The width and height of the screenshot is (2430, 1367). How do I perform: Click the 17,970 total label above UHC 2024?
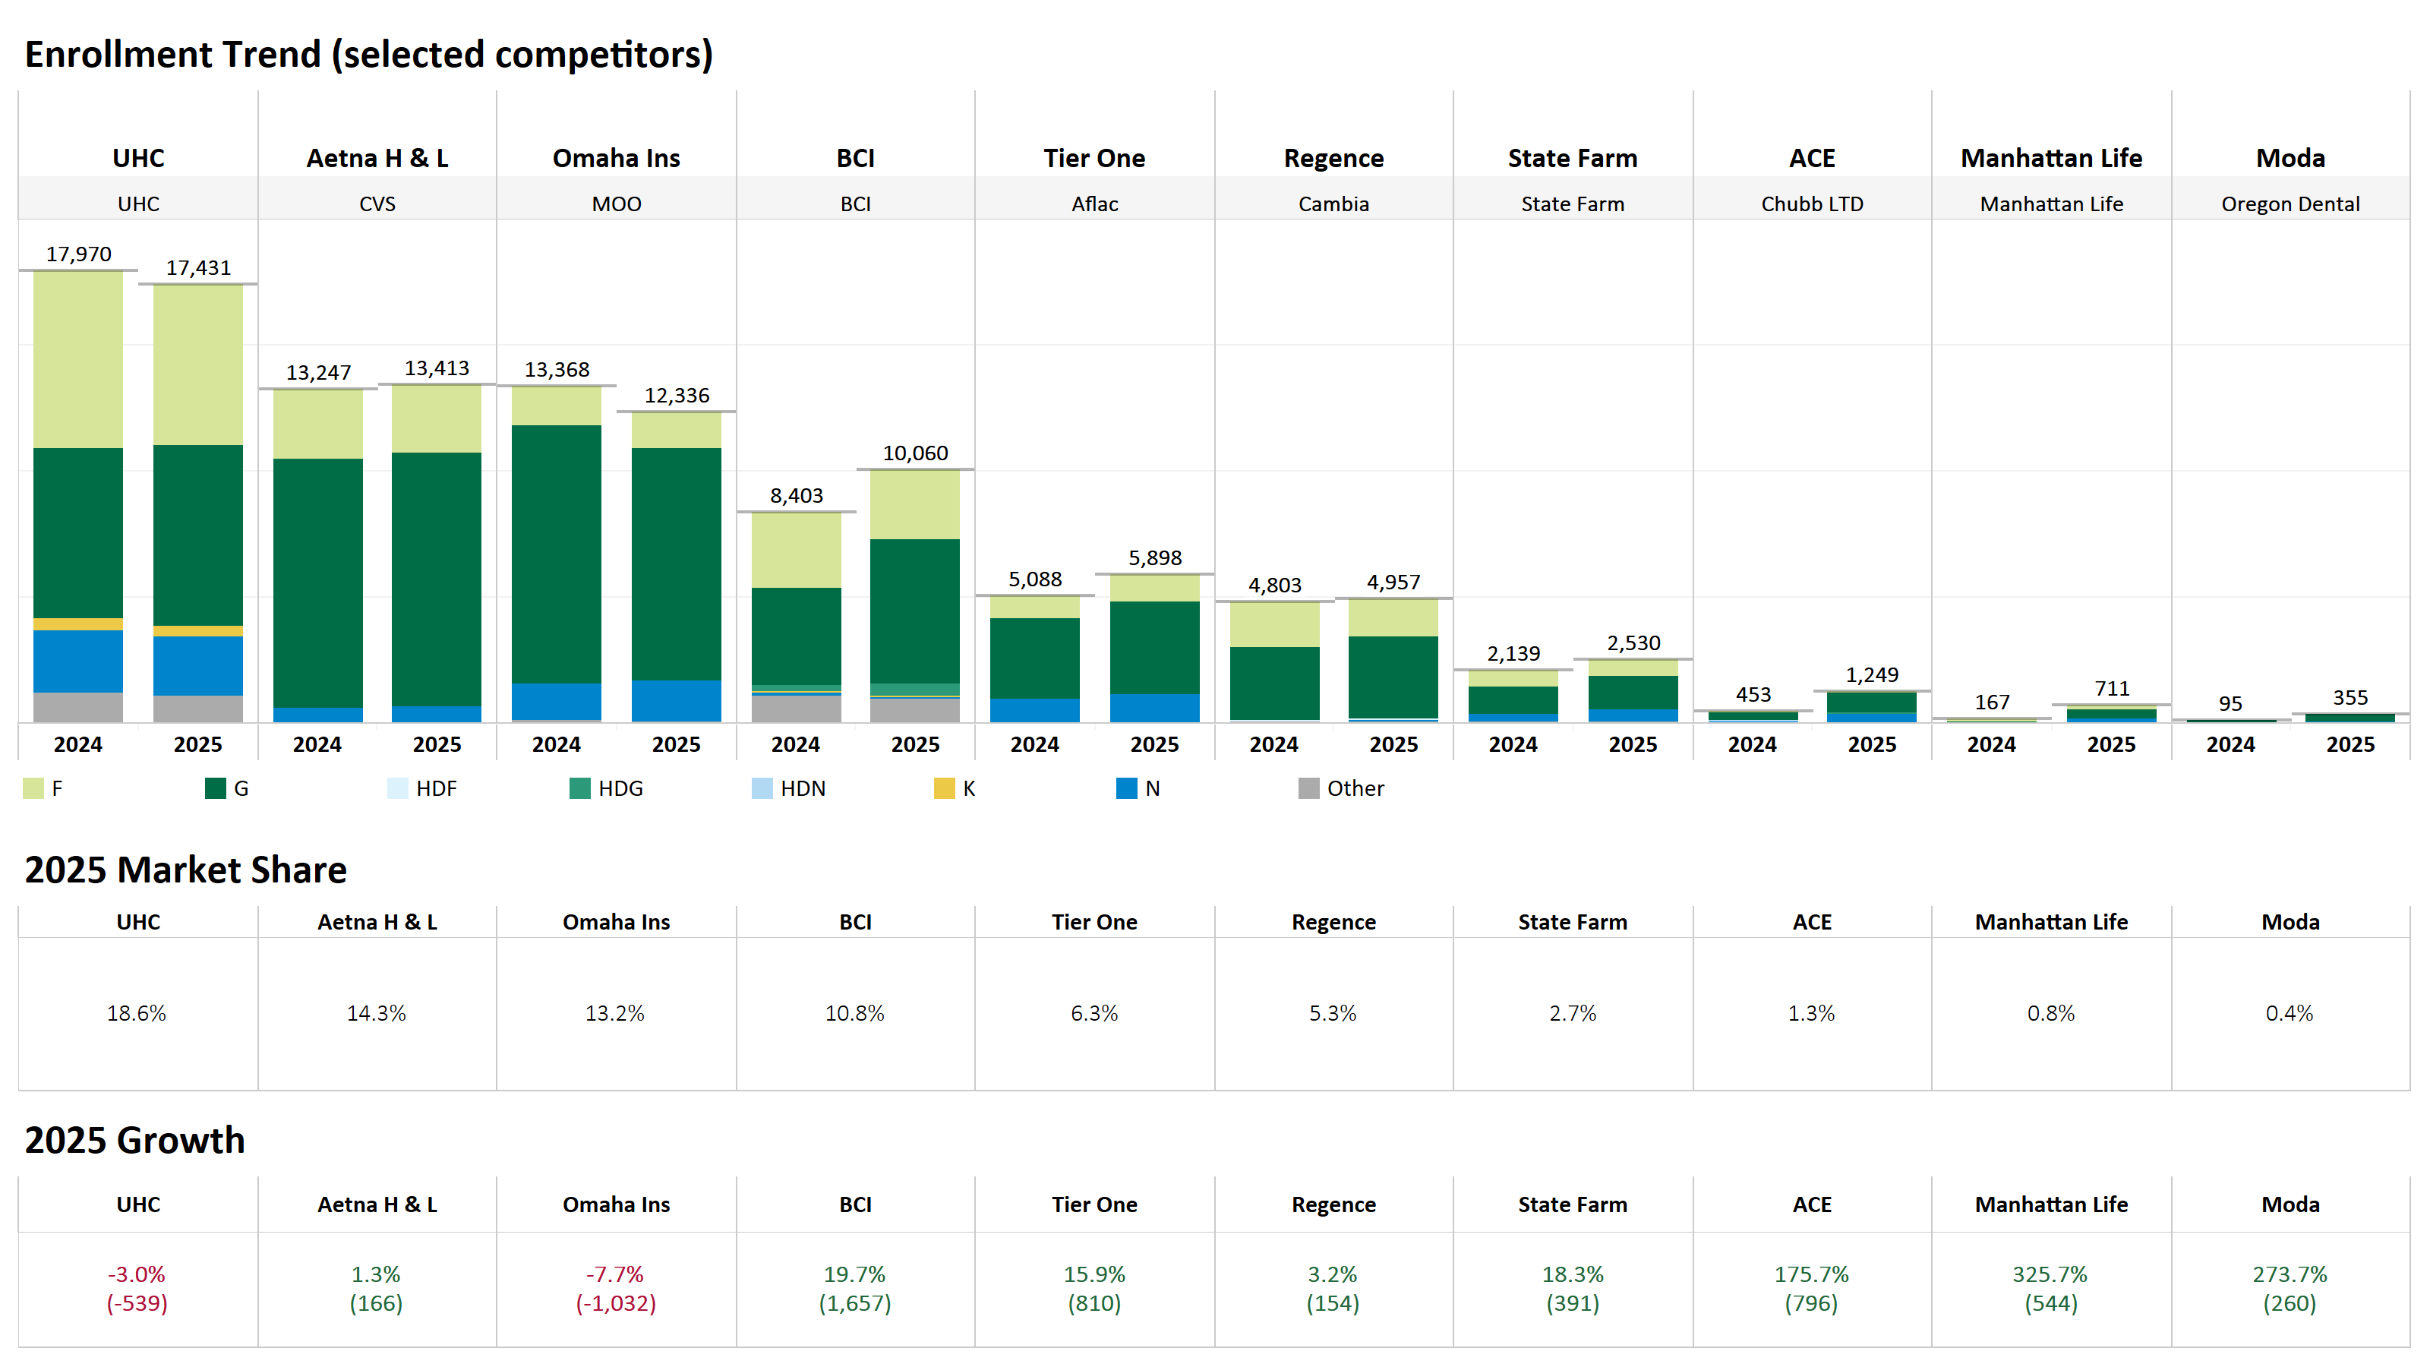coord(78,254)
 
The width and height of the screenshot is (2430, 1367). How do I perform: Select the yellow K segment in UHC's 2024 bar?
coord(78,624)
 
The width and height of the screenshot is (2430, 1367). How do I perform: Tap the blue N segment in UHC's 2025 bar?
coord(198,666)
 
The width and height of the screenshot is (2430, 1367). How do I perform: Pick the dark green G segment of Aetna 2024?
coord(318,583)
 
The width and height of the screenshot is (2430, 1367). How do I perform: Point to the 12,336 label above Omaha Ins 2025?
coord(677,395)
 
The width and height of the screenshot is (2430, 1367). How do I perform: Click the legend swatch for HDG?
coord(580,788)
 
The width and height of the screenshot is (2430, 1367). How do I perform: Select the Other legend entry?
coord(1341,788)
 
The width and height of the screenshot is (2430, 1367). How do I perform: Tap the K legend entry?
coord(955,788)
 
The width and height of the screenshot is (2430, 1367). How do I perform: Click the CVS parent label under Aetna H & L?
coord(377,204)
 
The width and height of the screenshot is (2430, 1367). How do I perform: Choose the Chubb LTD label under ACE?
coord(1812,204)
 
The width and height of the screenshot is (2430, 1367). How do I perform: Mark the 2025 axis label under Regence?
coord(1393,744)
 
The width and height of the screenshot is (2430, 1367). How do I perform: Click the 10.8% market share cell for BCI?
coord(854,1013)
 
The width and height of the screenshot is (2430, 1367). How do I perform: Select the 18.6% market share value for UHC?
coord(137,1013)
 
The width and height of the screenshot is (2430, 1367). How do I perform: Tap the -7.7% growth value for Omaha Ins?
coord(615,1274)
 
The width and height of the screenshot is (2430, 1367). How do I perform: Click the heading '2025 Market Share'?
coord(186,869)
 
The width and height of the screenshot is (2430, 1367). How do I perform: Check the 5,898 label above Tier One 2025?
coord(1154,557)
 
